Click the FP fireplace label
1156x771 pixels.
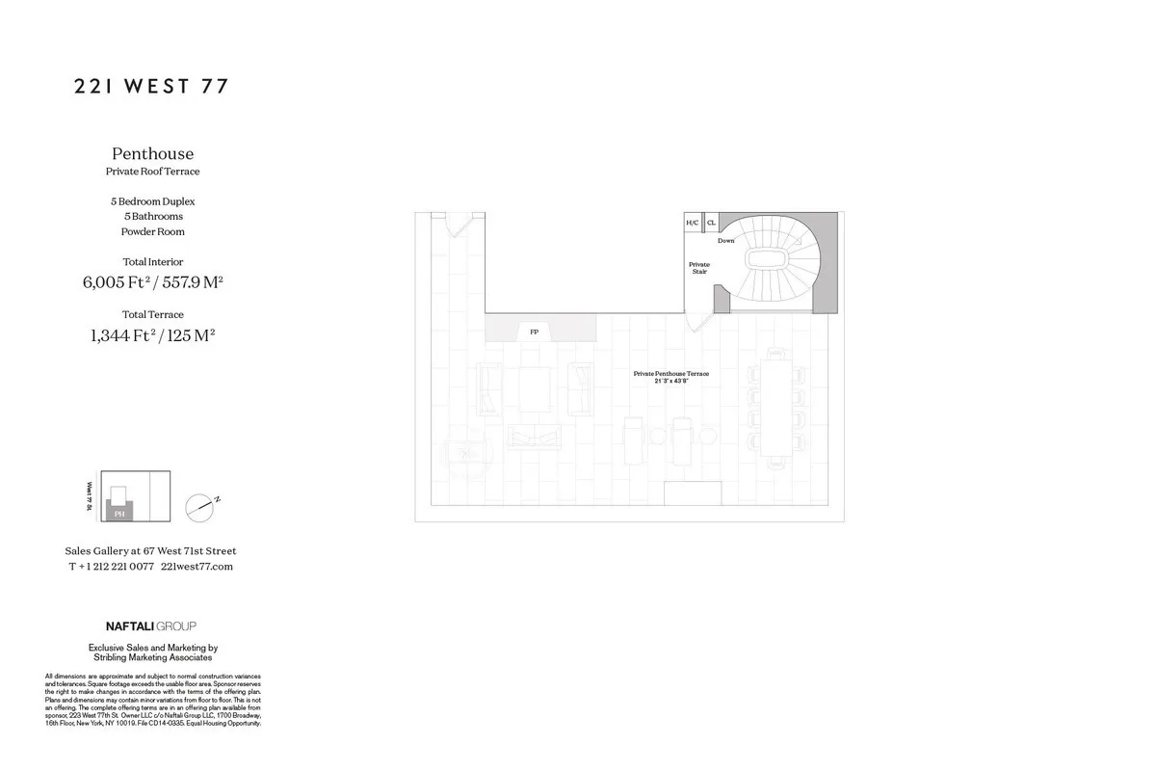(x=534, y=332)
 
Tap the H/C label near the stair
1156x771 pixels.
(x=692, y=223)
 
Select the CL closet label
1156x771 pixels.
(x=711, y=223)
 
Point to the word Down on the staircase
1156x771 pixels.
(x=725, y=241)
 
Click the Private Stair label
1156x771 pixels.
(x=698, y=268)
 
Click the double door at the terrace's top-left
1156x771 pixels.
(x=457, y=225)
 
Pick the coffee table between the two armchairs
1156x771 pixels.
(x=534, y=389)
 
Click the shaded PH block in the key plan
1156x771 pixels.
(x=119, y=513)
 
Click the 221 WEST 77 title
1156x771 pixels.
(x=151, y=87)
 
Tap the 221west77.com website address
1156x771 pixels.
(x=197, y=567)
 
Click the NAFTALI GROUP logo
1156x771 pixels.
(x=150, y=626)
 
